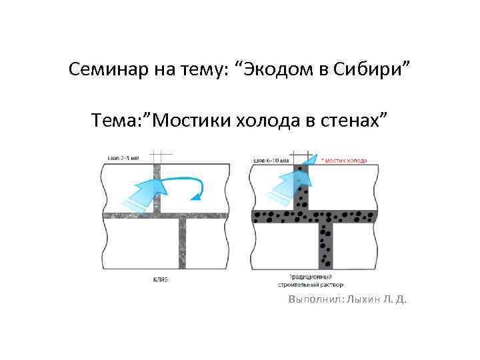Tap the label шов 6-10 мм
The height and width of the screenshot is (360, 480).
(x=271, y=161)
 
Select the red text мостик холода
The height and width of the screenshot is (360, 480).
(x=344, y=161)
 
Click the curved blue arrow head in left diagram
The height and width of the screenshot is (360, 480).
(x=195, y=196)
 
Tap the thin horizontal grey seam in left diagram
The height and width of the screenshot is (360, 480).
(x=133, y=215)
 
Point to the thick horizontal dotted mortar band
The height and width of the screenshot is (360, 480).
(x=280, y=216)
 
